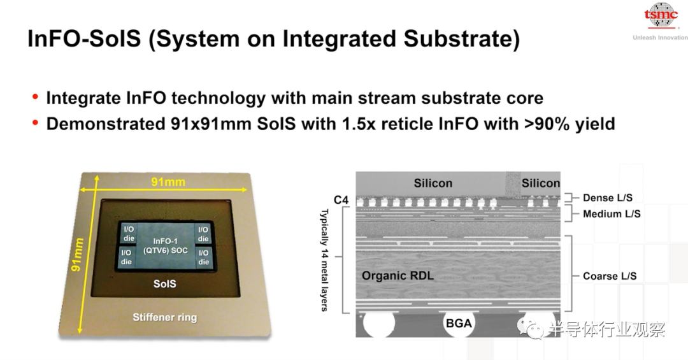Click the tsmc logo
661,16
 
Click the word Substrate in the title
461,39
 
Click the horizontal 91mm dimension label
168,182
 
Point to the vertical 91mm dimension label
77,255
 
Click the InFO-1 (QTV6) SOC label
166,246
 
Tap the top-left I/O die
129,234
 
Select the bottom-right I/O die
203,257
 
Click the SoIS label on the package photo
164,284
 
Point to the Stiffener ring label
165,317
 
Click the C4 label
341,200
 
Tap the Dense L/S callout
608,198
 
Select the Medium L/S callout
612,214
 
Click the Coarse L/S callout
610,276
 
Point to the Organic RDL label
398,276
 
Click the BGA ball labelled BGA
459,324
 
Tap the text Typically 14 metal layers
324,260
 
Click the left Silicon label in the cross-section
433,183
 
